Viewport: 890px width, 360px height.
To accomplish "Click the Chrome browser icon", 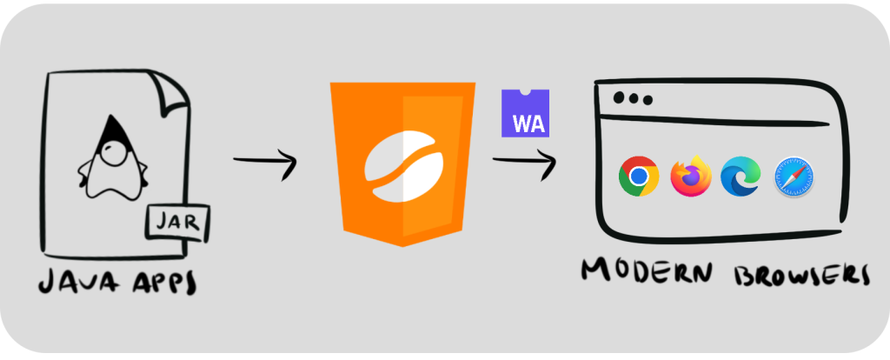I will [639, 177].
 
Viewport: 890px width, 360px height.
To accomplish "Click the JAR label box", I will [176, 223].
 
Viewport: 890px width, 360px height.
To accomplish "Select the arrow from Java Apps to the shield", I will [265, 162].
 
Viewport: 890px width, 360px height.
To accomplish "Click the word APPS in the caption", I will [162, 283].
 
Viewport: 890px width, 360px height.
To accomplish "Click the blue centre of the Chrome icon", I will [639, 177].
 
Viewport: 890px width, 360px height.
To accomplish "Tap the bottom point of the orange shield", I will [402, 243].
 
